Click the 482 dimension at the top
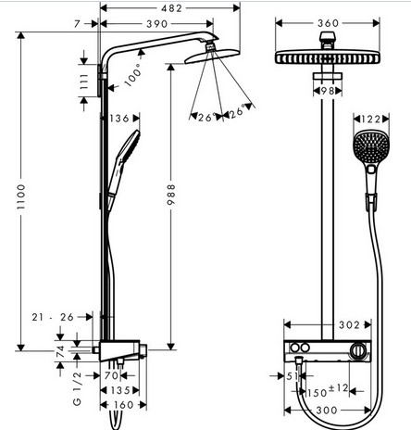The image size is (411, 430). click(171, 8)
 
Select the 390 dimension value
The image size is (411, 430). click(157, 24)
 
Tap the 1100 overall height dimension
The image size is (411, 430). click(21, 196)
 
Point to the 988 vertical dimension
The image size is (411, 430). click(171, 195)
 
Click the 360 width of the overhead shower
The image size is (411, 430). click(329, 23)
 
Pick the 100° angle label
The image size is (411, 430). click(133, 75)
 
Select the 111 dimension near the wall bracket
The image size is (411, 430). click(84, 82)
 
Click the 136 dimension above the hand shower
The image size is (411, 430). click(119, 119)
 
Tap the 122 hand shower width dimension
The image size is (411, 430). click(370, 119)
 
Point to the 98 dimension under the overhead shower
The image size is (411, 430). click(328, 91)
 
